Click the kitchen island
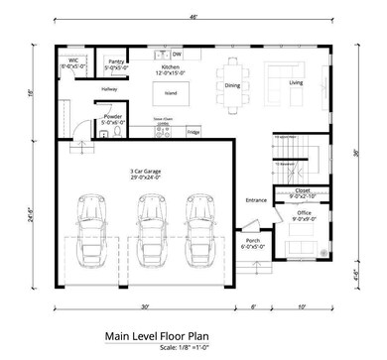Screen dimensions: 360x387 point(170,94)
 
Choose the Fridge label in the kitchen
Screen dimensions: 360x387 point(193,130)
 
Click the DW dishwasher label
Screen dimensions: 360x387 point(177,53)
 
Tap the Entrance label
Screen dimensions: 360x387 point(257,199)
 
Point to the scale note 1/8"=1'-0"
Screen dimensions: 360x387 point(189,347)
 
